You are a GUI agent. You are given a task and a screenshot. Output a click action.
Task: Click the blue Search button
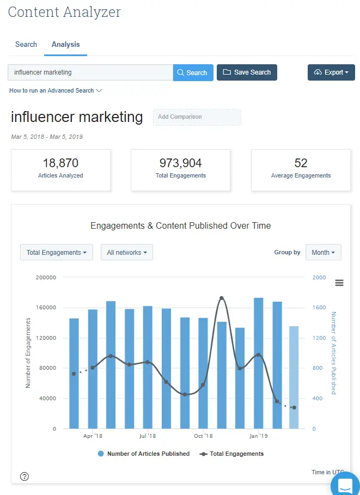point(193,72)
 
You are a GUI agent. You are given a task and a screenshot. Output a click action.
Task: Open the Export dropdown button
point(331,72)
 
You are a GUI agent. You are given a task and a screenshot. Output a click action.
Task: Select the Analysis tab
point(65,45)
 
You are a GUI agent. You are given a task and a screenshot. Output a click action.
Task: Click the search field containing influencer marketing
point(90,72)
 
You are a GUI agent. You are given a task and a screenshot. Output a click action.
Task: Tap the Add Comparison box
point(197,117)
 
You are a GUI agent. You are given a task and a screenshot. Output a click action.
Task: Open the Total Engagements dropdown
point(57,253)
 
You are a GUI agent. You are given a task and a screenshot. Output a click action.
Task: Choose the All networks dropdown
point(127,253)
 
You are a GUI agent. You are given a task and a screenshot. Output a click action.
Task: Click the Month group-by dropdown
point(324,253)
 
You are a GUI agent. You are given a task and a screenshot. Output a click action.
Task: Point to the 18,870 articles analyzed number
point(60,163)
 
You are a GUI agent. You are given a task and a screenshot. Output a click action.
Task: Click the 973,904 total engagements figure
point(180,163)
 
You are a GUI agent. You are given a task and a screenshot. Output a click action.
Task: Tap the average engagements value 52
point(301,163)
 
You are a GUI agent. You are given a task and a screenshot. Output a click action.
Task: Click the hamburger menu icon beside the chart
point(339,283)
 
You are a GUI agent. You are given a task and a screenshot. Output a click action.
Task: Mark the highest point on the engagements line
point(222,298)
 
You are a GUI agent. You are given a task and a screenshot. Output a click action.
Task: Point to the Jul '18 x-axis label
point(147,436)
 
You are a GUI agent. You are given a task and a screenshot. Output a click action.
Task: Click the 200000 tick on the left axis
point(46,277)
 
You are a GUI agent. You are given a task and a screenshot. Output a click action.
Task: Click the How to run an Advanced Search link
point(56,90)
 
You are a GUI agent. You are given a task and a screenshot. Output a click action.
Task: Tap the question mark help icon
point(25,476)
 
